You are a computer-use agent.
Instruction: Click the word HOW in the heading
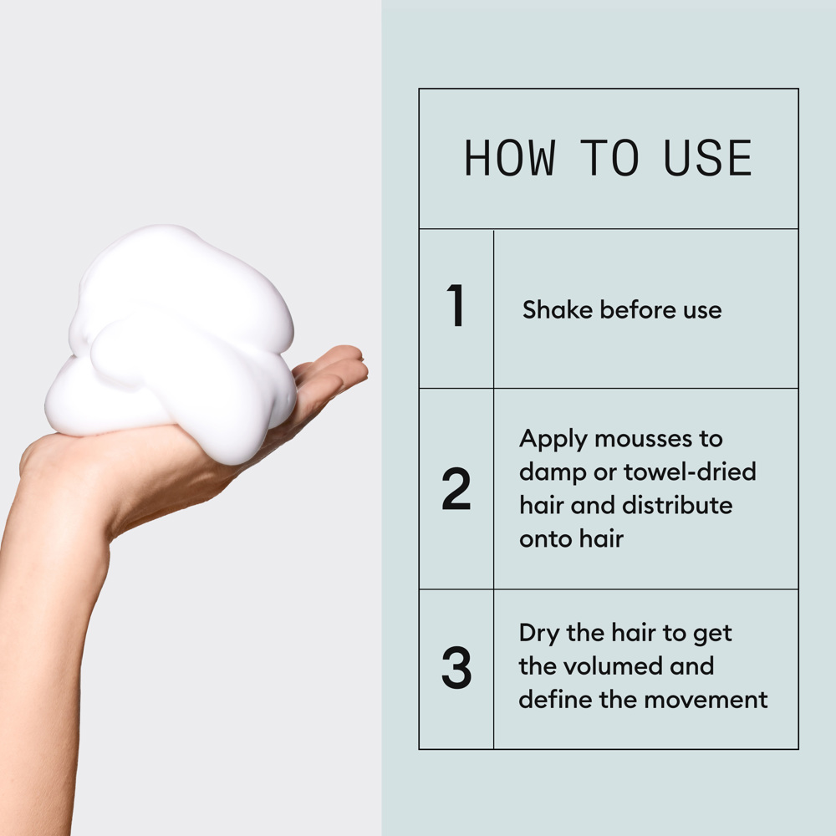[509, 158]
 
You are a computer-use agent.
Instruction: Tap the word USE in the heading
[708, 158]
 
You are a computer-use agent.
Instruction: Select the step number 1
[456, 307]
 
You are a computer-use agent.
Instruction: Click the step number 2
[456, 490]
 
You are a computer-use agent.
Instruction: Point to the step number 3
[456, 668]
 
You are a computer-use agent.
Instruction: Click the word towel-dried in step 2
[690, 472]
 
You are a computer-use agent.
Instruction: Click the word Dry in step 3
[539, 633]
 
